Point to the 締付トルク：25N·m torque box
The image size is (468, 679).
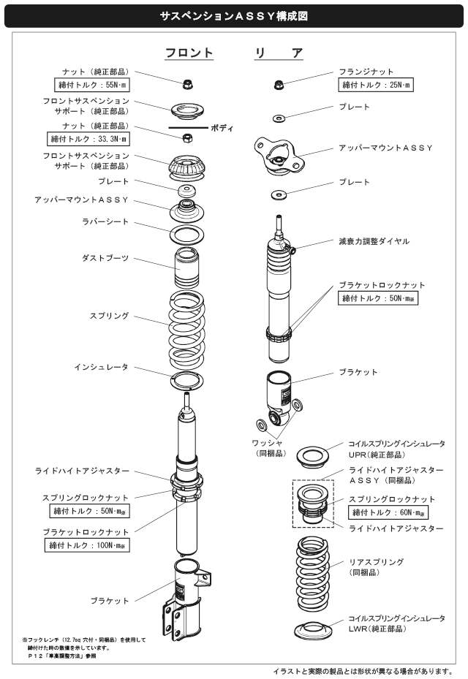coord(377,86)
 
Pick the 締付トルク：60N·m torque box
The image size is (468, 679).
coord(388,512)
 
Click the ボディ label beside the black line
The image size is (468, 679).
coord(222,129)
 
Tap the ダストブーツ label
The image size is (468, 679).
coord(105,258)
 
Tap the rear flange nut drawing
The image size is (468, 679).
coord(279,85)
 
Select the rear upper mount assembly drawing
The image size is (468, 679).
coord(278,155)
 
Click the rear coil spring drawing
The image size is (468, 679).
coord(316,571)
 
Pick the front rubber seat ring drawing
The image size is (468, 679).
coord(187,235)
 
